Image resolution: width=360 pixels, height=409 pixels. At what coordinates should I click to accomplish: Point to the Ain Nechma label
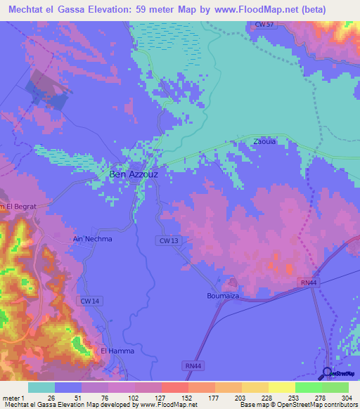click(92, 239)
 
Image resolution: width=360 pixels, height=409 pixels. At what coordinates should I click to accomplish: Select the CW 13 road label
click(167, 240)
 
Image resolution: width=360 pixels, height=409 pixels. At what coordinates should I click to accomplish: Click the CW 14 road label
click(89, 301)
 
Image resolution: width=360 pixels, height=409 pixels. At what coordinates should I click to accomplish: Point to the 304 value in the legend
click(343, 398)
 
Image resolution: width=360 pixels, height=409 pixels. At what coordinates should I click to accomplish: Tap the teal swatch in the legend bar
click(41, 387)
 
